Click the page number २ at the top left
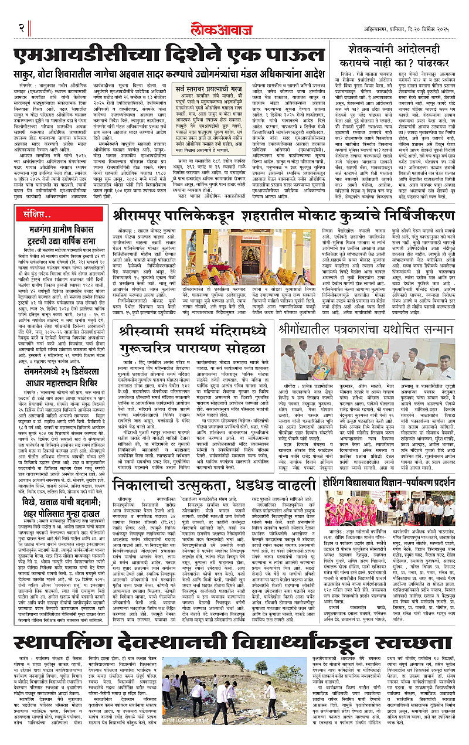click(22, 28)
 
